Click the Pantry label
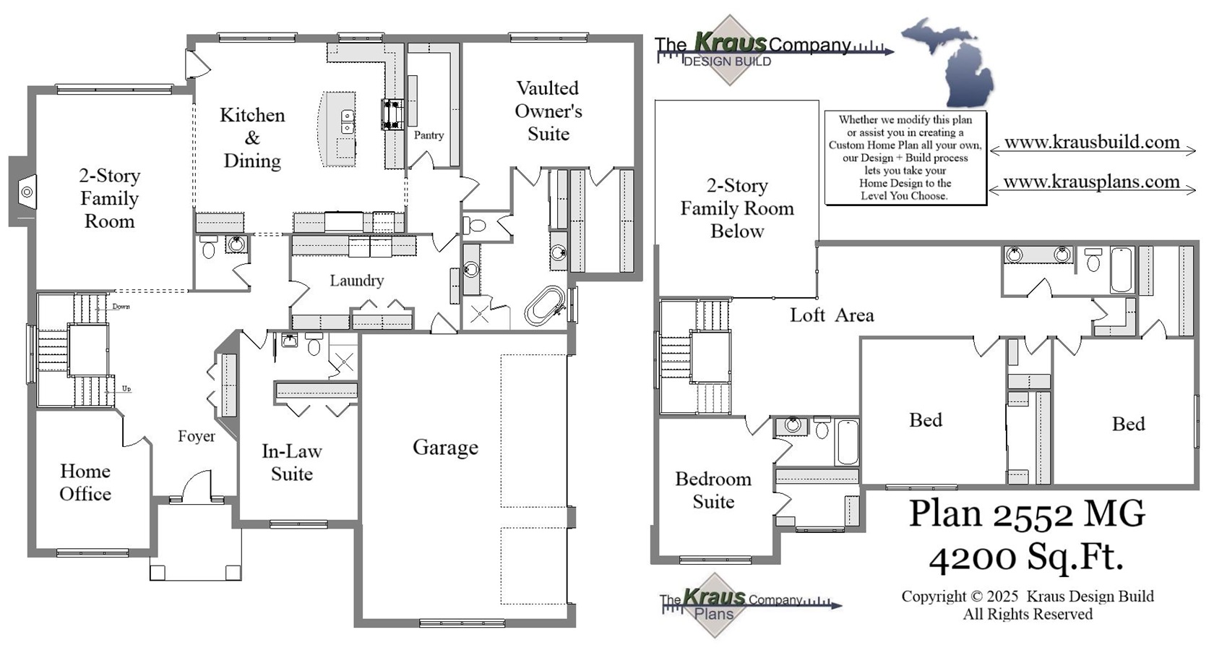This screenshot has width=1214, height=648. click(x=429, y=135)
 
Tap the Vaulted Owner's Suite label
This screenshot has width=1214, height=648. click(x=548, y=111)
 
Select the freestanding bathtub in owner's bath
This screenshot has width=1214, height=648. click(x=544, y=306)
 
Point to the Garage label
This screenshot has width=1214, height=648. click(x=445, y=448)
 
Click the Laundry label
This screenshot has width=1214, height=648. click(x=356, y=281)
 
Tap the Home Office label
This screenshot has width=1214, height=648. click(x=85, y=482)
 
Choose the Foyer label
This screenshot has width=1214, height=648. click(x=197, y=436)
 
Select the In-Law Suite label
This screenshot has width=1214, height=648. click(x=291, y=462)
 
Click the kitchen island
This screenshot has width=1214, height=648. click(x=338, y=129)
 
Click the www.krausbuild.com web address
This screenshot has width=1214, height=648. click(x=1092, y=142)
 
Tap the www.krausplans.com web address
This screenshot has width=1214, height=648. click(x=1091, y=182)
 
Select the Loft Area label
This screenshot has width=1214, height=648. click(x=832, y=315)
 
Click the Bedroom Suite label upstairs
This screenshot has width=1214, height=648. click(x=713, y=490)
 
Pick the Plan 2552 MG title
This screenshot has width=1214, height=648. click(x=1026, y=513)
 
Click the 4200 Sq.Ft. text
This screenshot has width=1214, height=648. click(x=1026, y=558)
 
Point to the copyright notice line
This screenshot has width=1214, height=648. click(x=1027, y=597)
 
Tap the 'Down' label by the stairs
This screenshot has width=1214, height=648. click(x=121, y=307)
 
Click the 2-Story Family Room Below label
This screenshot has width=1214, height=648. click(x=736, y=208)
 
